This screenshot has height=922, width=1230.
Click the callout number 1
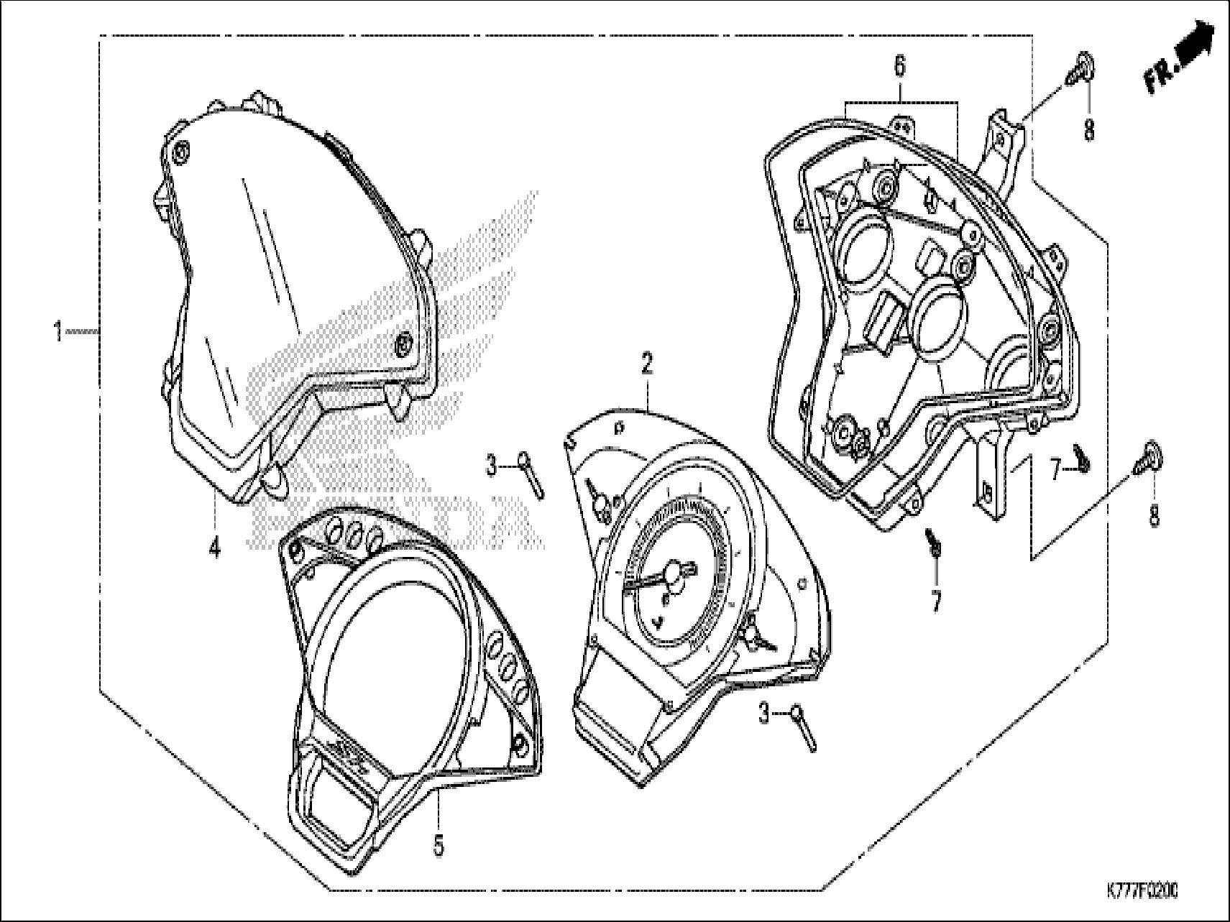(x=57, y=333)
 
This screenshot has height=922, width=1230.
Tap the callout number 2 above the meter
(x=647, y=365)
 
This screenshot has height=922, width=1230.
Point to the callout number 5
(x=438, y=846)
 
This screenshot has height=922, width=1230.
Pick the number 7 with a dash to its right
(x=1056, y=471)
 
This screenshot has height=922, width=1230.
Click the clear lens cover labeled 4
(x=288, y=287)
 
